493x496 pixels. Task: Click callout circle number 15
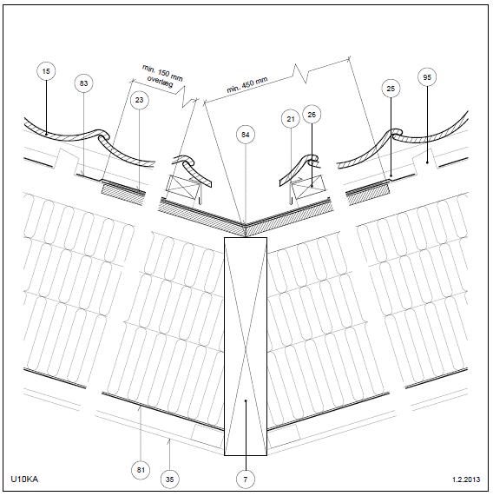(x=46, y=71)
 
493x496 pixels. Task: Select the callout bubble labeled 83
(x=83, y=83)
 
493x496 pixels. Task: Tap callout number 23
(x=140, y=100)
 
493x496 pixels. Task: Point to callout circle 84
(x=246, y=135)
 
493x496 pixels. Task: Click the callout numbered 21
(x=291, y=119)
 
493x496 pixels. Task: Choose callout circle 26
(x=312, y=115)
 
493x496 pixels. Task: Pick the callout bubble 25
(x=391, y=89)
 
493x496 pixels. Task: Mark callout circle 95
(x=427, y=77)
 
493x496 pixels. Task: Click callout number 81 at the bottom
(x=141, y=470)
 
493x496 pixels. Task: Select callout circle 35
(x=170, y=479)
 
